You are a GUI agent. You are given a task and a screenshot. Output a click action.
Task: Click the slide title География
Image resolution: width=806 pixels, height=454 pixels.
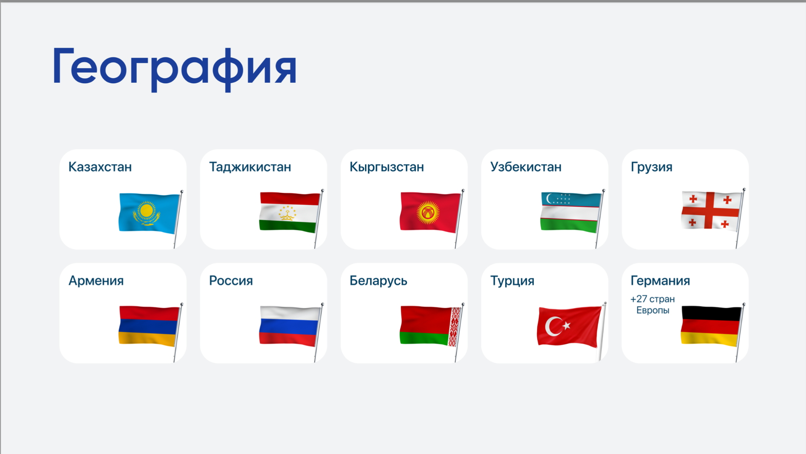tap(175, 69)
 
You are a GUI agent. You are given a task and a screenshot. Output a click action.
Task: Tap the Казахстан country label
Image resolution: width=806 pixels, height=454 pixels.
tap(100, 167)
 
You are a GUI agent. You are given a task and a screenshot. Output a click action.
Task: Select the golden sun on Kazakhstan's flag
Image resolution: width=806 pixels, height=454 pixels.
tap(146, 210)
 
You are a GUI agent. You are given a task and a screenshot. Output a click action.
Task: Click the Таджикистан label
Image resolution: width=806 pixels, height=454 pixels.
tap(250, 167)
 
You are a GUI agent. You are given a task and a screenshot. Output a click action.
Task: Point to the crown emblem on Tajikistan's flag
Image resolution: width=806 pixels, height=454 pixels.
tap(287, 213)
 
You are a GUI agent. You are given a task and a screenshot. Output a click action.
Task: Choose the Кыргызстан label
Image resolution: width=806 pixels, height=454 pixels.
tap(386, 167)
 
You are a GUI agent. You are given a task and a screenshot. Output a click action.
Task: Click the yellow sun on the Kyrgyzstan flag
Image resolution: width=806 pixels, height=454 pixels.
tap(428, 212)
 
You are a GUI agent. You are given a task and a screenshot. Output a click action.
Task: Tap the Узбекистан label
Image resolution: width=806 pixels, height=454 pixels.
tap(526, 167)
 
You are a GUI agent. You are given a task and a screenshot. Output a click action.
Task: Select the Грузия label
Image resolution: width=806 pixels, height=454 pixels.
tap(651, 167)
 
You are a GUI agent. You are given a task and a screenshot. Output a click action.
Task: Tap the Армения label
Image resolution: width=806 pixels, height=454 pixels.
tap(96, 280)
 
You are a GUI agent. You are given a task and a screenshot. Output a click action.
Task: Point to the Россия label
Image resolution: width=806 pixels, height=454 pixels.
tap(231, 280)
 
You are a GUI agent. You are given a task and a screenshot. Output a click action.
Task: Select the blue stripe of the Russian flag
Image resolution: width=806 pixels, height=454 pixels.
tap(289, 327)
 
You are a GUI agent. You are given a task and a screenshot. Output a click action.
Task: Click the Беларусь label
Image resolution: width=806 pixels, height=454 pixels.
tap(378, 280)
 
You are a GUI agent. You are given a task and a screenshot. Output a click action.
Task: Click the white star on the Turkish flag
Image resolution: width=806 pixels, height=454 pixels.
tap(567, 325)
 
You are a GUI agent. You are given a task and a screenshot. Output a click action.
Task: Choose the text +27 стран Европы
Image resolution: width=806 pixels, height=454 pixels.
tap(653, 305)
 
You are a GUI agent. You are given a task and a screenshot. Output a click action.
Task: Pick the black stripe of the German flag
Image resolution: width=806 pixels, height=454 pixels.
tap(711, 314)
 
